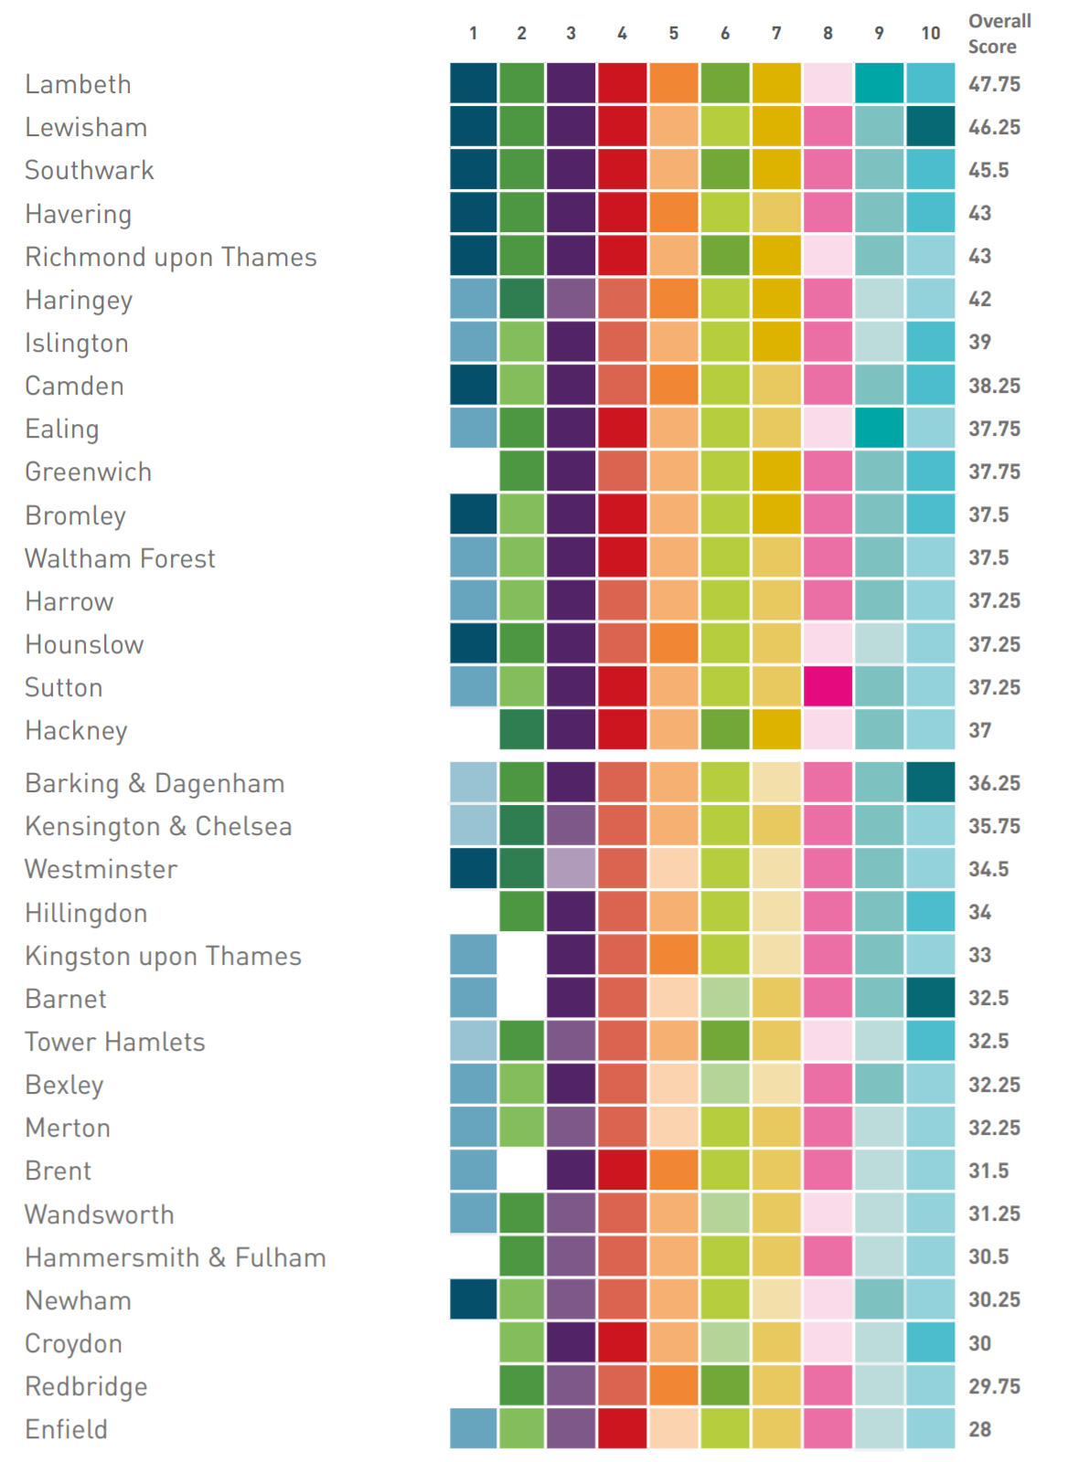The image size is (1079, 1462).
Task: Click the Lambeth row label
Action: [78, 84]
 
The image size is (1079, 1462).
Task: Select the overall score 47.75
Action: [994, 84]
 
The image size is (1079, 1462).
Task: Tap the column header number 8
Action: [828, 34]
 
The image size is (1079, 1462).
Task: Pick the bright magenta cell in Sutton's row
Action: [828, 687]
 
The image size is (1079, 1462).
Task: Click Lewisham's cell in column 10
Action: [930, 127]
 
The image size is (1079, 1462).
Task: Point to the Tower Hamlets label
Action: [115, 1042]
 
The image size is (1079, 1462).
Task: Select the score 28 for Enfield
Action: [979, 1429]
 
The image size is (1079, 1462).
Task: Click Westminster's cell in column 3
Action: [571, 869]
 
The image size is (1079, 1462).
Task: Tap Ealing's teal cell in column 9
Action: [879, 429]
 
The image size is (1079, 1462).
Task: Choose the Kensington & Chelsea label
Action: [158, 826]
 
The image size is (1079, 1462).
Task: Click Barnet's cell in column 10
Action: [930, 998]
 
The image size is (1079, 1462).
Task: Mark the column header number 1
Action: [473, 34]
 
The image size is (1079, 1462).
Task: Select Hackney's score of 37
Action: [979, 730]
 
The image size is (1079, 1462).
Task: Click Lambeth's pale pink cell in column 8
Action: [828, 84]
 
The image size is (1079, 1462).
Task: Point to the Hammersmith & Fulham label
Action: [176, 1257]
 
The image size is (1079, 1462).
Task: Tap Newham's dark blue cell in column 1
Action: [473, 1300]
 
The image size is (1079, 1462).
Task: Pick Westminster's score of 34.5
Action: [988, 869]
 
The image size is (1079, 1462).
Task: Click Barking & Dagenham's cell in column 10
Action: [930, 783]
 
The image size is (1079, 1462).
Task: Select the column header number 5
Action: [674, 34]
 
